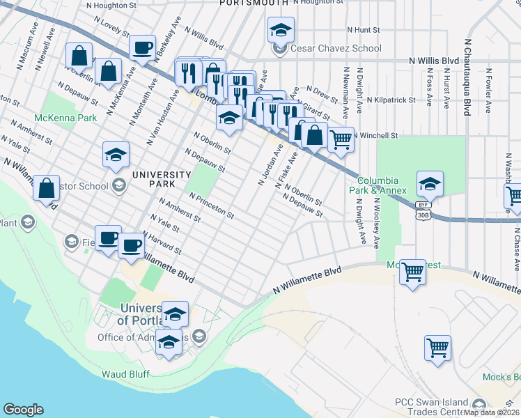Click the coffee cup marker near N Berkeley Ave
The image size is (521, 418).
tap(143, 47)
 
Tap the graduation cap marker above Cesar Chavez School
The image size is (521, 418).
tap(281, 30)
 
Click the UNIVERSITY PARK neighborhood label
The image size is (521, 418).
tap(160, 179)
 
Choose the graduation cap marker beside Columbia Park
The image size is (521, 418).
tap(430, 184)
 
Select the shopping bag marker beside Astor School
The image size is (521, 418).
tap(46, 188)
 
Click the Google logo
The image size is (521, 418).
tap(23, 410)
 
